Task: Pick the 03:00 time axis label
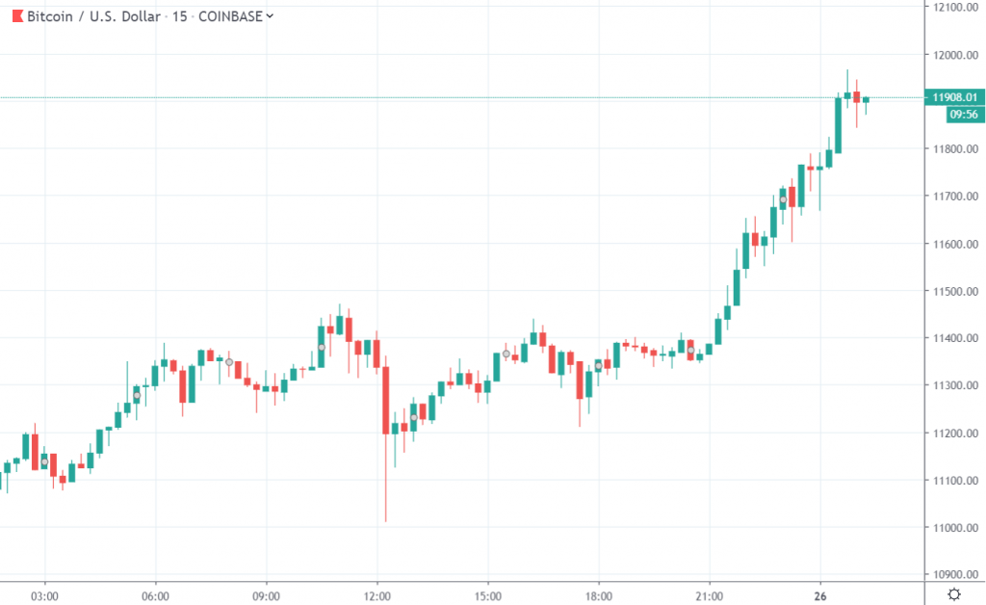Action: (45, 595)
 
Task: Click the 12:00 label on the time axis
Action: (377, 595)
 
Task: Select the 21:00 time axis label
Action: (710, 595)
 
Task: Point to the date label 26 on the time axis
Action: (820, 595)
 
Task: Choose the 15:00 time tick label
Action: (488, 595)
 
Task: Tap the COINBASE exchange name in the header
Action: (229, 15)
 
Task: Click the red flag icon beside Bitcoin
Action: (16, 15)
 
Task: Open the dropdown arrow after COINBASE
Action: (269, 15)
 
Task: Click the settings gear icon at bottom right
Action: (953, 594)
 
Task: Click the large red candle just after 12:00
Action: (385, 400)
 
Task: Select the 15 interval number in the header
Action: (178, 15)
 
